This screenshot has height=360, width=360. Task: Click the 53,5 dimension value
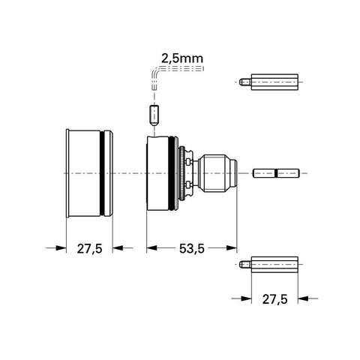pyautogui.click(x=190, y=247)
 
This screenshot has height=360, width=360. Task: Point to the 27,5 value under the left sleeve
pyautogui.click(x=89, y=247)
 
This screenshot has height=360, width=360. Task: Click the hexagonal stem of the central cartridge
pyautogui.click(x=213, y=173)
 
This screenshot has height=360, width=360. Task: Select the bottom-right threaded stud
pyautogui.click(x=274, y=264)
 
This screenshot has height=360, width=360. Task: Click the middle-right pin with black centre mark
pyautogui.click(x=277, y=173)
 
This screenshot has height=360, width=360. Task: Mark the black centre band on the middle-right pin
pyautogui.click(x=277, y=173)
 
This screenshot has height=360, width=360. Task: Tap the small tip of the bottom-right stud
pyautogui.click(x=246, y=264)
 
